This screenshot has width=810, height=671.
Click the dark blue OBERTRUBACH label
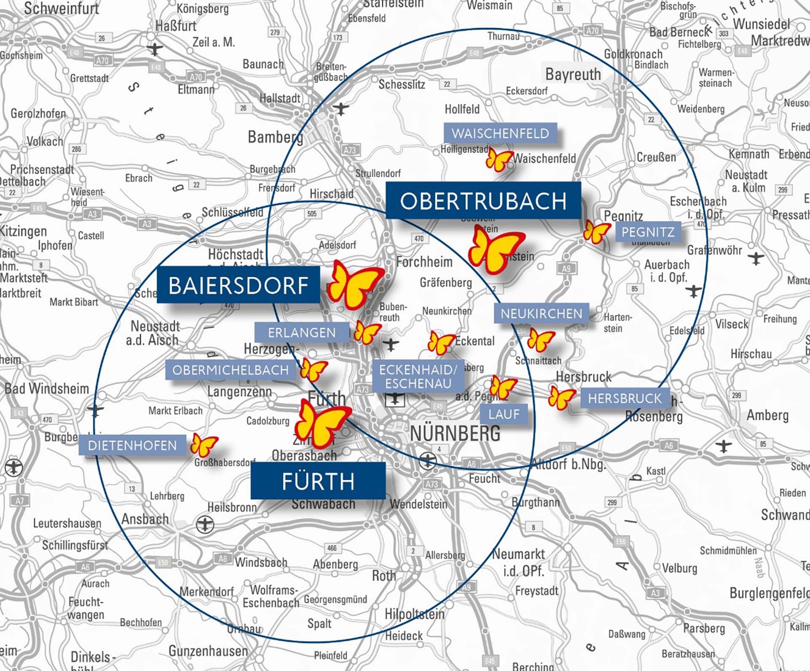point(483,200)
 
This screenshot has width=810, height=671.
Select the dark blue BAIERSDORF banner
point(238,285)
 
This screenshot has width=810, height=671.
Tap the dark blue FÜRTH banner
point(318,481)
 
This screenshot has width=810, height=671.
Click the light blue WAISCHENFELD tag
point(500,133)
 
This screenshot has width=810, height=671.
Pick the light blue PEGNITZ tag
point(648,232)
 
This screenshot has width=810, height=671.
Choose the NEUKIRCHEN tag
point(541,314)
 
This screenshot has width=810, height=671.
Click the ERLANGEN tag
point(302,333)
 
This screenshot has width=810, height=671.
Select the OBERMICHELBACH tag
point(230,370)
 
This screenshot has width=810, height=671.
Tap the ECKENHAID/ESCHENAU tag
point(418,376)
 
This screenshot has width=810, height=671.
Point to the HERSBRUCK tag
point(625,398)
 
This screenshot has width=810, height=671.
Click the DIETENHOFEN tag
point(132,445)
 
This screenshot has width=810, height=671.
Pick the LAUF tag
point(504,414)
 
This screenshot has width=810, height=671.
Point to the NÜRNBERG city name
point(455,433)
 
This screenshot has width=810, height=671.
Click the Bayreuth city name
point(573,75)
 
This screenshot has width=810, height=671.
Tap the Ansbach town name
point(145,519)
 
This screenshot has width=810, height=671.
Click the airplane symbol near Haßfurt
point(155,49)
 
